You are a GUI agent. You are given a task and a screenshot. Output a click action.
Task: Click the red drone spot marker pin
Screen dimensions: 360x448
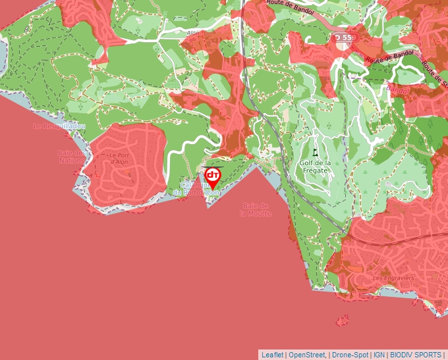coord(212,176)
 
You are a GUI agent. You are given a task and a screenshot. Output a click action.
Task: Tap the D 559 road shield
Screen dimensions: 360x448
coord(343,38)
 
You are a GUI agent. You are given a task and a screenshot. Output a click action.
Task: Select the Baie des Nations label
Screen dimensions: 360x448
coord(71,156)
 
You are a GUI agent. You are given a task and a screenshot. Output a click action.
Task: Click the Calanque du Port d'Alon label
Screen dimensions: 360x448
coord(196,188)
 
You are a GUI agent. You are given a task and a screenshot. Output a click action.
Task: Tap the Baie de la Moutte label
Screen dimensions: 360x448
coord(256,209)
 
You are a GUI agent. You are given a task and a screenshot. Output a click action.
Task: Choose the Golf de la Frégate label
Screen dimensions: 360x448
coord(314,166)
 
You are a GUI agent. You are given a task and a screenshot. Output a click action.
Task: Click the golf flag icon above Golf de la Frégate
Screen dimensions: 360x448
coord(316,151)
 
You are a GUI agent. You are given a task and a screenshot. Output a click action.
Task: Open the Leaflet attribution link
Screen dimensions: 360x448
coord(272,355)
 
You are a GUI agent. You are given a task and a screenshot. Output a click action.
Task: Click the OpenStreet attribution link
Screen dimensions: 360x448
coord(307,355)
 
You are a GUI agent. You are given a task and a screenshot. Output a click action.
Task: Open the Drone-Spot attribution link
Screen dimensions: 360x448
coord(350,355)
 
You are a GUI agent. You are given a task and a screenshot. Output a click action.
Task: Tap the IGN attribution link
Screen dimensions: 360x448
coord(379,355)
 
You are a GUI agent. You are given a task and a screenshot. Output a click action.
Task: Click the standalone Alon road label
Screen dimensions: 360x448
coord(193,33)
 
